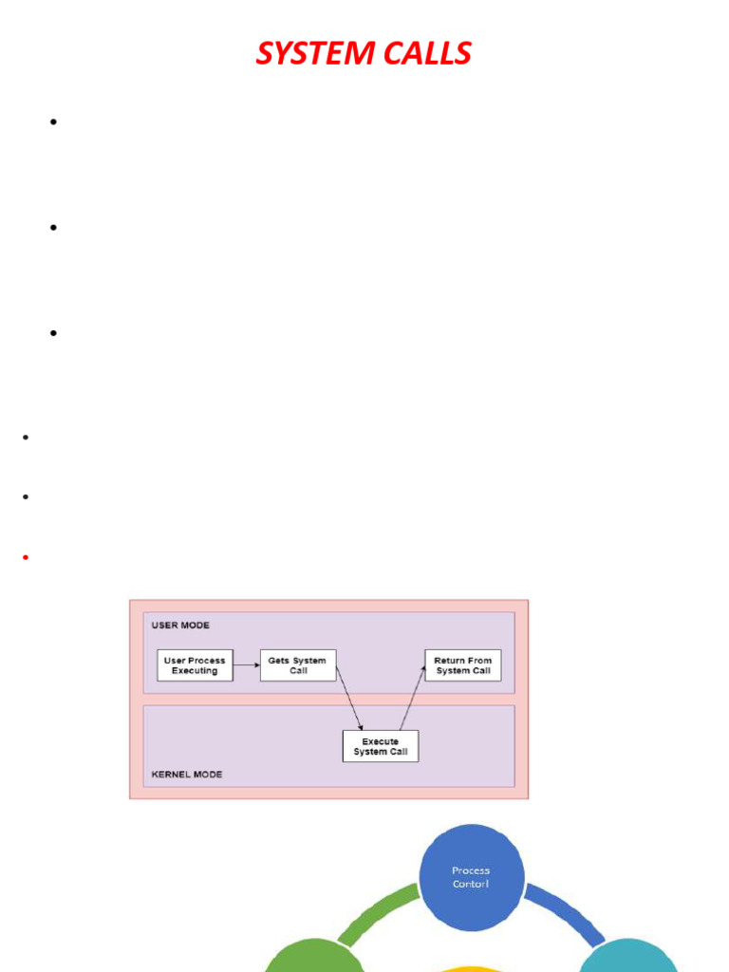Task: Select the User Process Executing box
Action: pos(195,665)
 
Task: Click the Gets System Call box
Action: pos(298,665)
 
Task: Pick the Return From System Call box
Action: pos(463,665)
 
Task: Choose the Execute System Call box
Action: pos(381,746)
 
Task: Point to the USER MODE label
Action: pos(180,626)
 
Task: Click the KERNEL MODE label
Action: pos(187,775)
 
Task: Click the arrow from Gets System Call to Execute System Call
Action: pos(348,697)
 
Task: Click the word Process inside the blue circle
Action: pos(471,869)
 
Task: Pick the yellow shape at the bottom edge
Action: pos(471,967)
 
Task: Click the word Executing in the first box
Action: pos(195,671)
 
